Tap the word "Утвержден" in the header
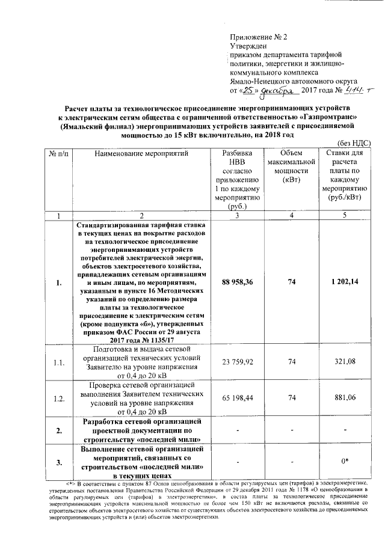[x=248, y=46]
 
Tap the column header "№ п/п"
[x=58, y=154]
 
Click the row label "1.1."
[x=58, y=362]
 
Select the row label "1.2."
[x=58, y=398]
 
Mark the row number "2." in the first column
[x=58, y=430]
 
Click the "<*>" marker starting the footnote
[x=70, y=483]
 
